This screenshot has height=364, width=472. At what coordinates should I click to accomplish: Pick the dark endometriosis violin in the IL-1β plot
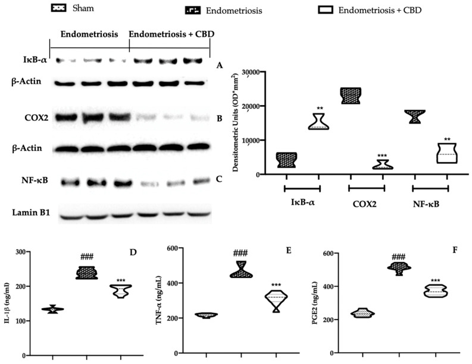click(x=87, y=273)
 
